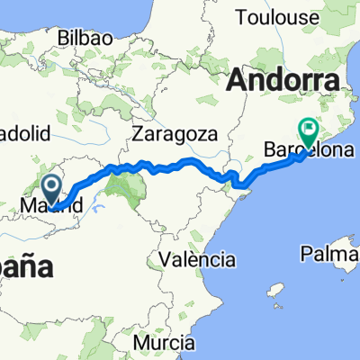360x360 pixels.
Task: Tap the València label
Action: (x=196, y=259)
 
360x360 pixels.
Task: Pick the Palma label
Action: (x=330, y=256)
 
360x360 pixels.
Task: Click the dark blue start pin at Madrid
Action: (x=51, y=188)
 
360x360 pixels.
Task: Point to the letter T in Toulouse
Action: (x=239, y=16)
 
